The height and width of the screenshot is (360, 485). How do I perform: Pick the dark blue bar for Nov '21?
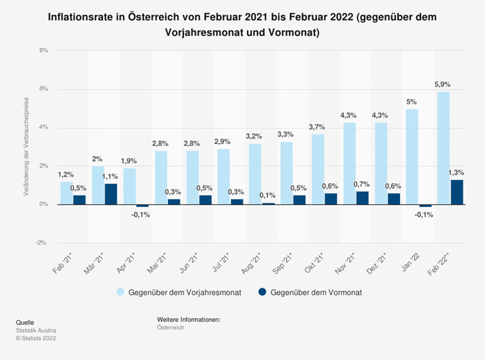(x=362, y=198)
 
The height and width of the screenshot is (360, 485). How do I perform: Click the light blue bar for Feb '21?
(x=67, y=193)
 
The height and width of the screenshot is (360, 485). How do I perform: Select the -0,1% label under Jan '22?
(x=424, y=215)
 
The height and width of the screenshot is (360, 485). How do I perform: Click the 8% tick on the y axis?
(x=43, y=51)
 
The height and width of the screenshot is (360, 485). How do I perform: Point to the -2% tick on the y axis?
(x=42, y=243)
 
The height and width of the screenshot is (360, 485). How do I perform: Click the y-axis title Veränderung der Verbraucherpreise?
(x=25, y=149)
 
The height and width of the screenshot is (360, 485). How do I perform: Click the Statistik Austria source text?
(x=36, y=330)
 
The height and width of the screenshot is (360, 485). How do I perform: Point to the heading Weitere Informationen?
(x=188, y=320)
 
